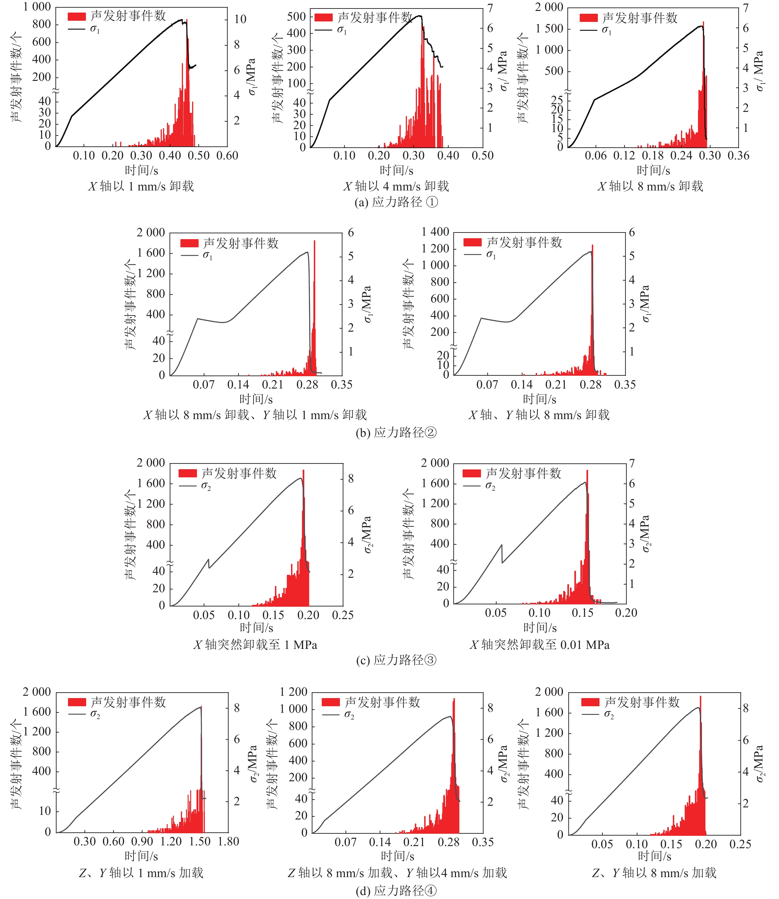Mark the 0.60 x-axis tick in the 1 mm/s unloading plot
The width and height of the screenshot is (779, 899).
pyautogui.click(x=227, y=156)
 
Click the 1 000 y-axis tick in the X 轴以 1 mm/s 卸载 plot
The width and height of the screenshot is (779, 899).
pyautogui.click(x=37, y=7)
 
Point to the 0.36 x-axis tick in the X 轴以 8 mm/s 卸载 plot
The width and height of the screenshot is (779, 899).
pyautogui.click(x=738, y=156)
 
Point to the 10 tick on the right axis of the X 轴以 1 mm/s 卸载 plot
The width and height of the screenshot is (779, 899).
pyautogui.click(x=240, y=19)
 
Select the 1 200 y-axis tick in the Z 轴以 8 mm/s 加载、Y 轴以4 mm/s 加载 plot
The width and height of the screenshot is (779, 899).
pyautogui.click(x=293, y=692)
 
